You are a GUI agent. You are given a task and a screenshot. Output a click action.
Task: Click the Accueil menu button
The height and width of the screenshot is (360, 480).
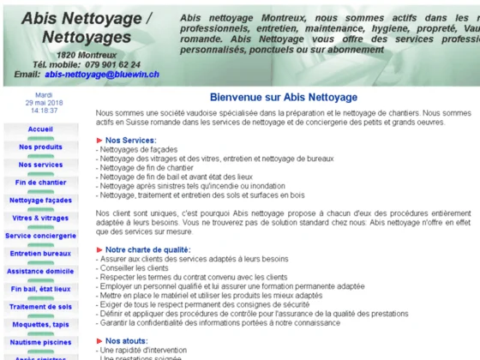click(40, 129)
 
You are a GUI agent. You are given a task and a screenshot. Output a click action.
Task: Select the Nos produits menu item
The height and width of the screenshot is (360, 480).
click(40, 147)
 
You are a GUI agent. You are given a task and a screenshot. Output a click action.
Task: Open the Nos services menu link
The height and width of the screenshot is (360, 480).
click(40, 165)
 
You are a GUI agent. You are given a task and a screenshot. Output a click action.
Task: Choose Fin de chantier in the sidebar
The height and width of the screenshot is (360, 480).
click(40, 183)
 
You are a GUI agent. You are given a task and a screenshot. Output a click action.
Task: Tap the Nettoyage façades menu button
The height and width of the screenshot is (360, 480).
click(40, 201)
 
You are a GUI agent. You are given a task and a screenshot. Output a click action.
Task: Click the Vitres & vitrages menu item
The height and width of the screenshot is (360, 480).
click(40, 219)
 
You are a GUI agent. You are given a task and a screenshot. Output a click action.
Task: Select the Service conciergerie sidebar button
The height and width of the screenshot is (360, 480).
click(40, 236)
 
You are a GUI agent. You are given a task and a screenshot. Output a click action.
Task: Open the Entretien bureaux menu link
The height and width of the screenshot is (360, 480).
click(40, 254)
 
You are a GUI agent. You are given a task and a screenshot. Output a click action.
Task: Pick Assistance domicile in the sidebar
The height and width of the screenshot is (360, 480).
click(40, 272)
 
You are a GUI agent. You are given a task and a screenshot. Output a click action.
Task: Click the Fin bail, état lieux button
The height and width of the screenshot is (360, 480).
click(40, 290)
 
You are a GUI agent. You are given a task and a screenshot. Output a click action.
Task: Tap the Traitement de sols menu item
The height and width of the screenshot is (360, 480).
click(40, 307)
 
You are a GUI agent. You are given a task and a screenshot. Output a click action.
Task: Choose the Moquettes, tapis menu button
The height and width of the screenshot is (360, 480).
click(40, 325)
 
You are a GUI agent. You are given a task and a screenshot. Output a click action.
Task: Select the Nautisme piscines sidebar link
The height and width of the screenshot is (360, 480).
click(40, 343)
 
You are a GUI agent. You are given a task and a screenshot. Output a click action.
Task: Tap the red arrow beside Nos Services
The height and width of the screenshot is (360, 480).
click(99, 140)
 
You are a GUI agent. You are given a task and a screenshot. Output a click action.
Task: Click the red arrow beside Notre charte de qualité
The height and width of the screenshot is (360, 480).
click(99, 249)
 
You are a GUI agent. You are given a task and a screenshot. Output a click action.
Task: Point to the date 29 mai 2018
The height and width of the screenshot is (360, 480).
click(43, 103)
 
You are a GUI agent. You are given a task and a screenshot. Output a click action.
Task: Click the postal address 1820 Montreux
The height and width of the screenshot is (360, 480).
click(93, 54)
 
